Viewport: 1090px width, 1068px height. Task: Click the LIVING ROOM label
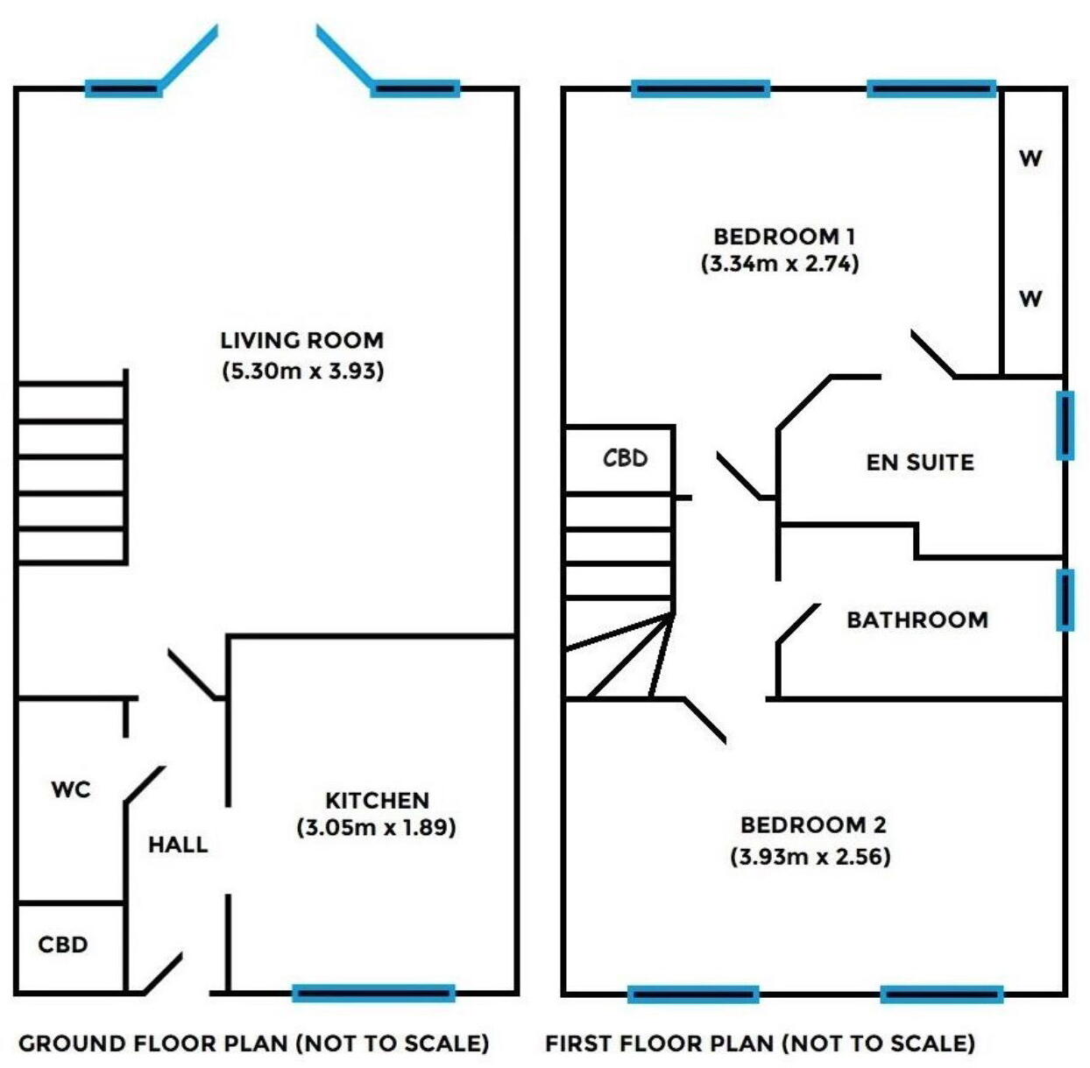(x=301, y=340)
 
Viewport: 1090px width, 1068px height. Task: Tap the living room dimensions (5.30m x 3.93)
(x=303, y=371)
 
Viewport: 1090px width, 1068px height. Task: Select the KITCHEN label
(x=377, y=800)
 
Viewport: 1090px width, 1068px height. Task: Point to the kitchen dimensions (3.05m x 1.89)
(x=376, y=827)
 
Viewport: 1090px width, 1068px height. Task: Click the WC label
(x=71, y=789)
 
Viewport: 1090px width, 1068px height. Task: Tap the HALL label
(x=178, y=845)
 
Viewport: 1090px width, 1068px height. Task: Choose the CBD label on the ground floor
(x=63, y=944)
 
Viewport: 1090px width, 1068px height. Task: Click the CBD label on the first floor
(x=625, y=458)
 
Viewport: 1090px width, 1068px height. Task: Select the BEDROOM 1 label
(x=784, y=236)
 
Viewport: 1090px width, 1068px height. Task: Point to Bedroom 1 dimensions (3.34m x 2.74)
(x=780, y=264)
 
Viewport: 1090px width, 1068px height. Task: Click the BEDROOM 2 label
(x=813, y=824)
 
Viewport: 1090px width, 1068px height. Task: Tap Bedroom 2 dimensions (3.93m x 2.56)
(x=810, y=856)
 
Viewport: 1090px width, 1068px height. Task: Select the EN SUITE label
(x=920, y=463)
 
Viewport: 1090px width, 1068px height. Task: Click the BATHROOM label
(x=917, y=619)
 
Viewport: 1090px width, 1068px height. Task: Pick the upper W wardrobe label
(x=1030, y=159)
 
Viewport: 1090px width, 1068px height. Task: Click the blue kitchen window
(x=373, y=993)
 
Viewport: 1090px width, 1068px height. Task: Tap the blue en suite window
(x=1065, y=426)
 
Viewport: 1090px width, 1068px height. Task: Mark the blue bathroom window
(x=1065, y=600)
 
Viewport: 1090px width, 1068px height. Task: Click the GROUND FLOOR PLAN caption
(x=253, y=1043)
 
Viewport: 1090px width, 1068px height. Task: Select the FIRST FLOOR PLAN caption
(x=760, y=1043)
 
